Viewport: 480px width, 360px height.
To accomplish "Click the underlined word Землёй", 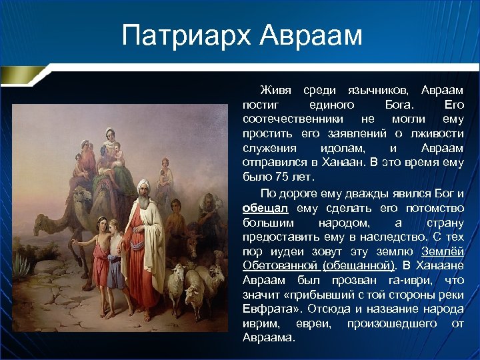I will coord(443,251).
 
